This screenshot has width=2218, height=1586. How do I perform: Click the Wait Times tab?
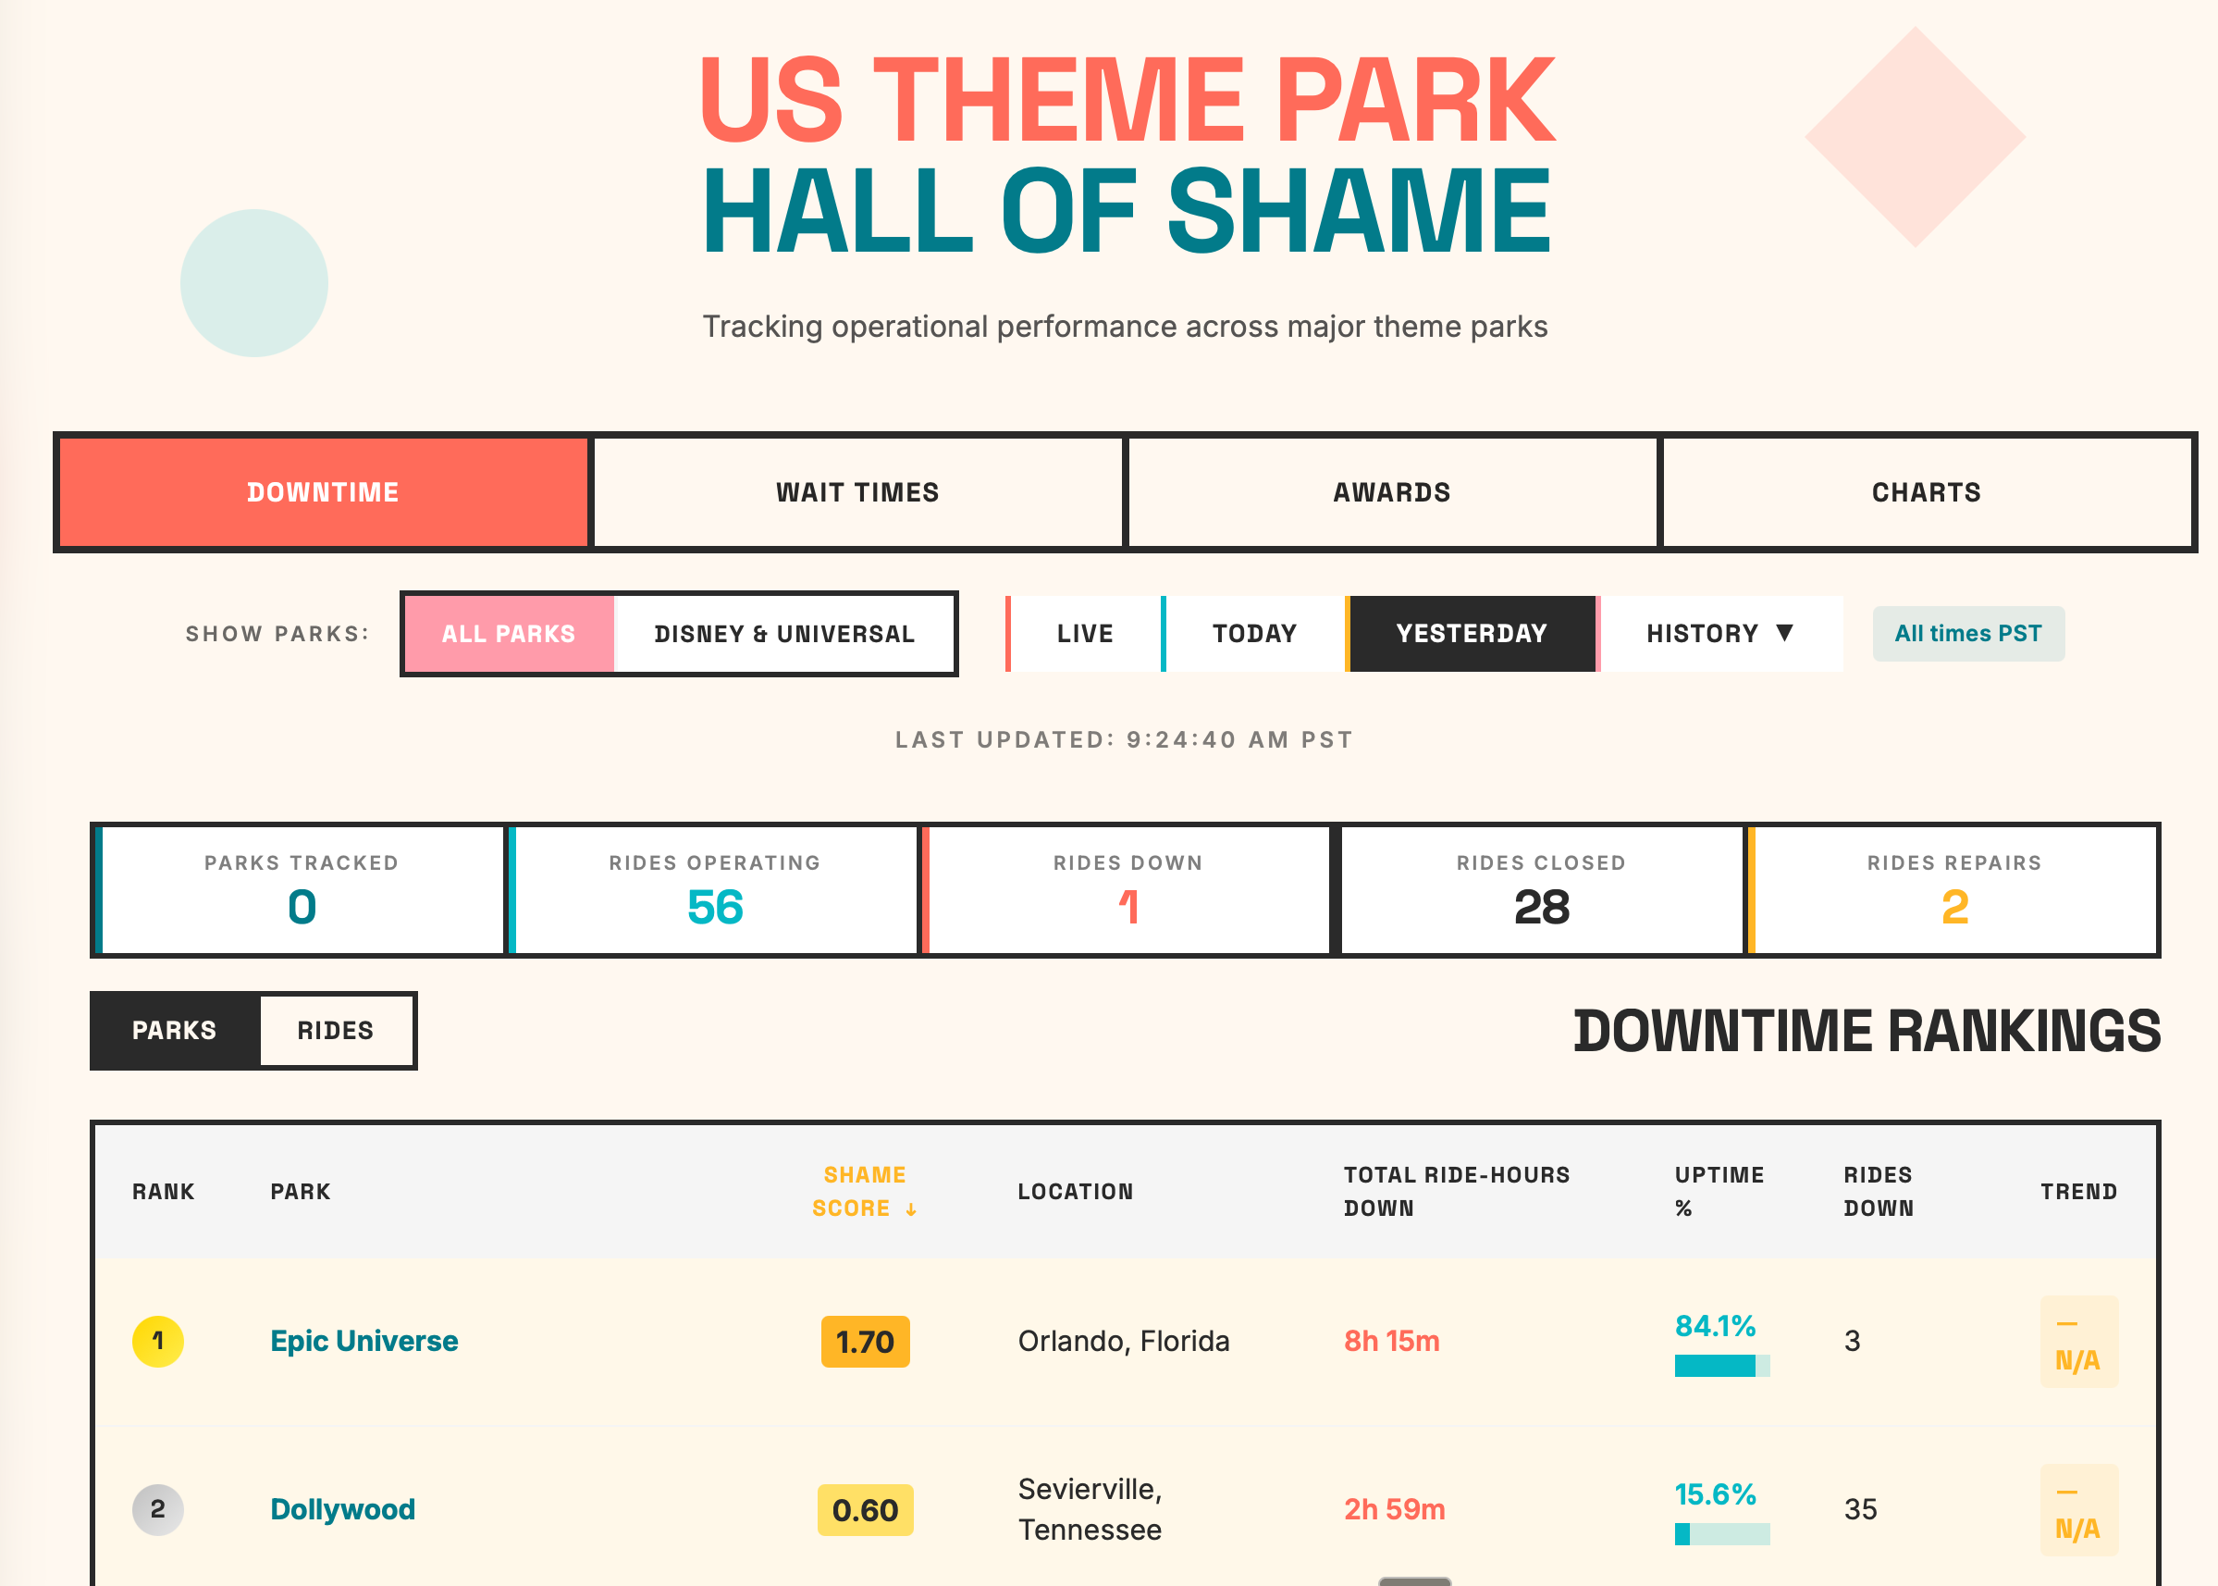[857, 492]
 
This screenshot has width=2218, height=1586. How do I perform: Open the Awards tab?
[1391, 492]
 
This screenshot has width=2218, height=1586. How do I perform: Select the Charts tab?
[1926, 492]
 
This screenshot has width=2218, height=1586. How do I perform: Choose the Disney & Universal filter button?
[784, 634]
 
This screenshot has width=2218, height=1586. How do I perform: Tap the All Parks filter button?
[509, 634]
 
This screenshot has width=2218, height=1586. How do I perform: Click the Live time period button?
[1085, 634]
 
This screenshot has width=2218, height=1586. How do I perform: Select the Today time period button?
[1254, 634]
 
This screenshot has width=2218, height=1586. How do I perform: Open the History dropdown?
[1719, 634]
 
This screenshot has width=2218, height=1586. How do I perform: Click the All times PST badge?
[1967, 634]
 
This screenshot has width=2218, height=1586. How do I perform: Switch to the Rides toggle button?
[336, 1030]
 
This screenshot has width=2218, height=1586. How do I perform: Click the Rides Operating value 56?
[715, 907]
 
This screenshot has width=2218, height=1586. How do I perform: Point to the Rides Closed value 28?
[1541, 907]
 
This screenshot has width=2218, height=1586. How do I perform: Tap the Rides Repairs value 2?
[1954, 907]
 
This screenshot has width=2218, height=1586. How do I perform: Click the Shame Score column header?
[864, 1192]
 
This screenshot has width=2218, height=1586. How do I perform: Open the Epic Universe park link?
[364, 1341]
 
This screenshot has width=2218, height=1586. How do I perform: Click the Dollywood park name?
[342, 1509]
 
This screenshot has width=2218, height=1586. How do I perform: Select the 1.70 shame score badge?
[865, 1342]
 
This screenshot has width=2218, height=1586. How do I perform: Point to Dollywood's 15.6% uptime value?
[1714, 1494]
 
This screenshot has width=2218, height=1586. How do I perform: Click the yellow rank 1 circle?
[158, 1341]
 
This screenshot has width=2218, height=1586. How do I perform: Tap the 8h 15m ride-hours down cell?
[1391, 1341]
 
